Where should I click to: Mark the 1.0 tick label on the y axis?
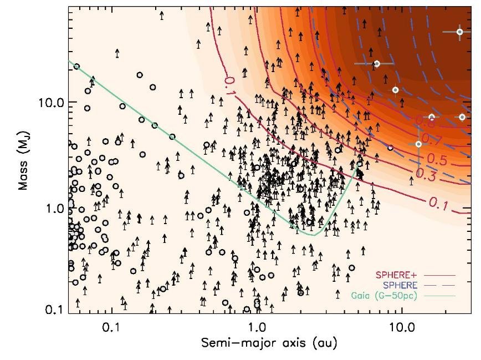pos(57,209)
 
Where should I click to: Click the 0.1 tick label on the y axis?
pos(57,309)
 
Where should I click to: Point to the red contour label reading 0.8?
pos(424,121)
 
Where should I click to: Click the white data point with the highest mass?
pos(459,32)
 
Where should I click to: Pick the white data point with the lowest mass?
pos(418,144)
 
